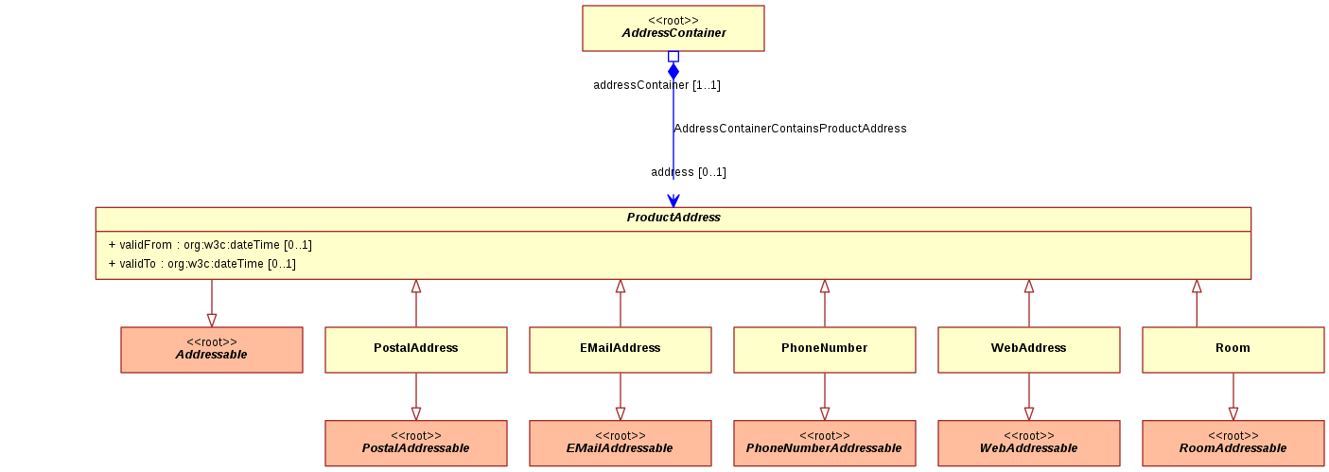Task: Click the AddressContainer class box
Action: [673, 28]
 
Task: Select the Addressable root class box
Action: [212, 350]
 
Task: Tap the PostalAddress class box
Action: [416, 350]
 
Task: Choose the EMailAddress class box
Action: [621, 350]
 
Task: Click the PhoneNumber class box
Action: [825, 350]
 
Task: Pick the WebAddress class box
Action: [1029, 350]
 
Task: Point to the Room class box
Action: [1233, 350]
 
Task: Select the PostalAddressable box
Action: [416, 444]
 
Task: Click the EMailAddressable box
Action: [621, 444]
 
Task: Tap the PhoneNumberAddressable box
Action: [825, 444]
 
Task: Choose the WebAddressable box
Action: [1029, 444]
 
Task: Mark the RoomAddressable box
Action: [1233, 444]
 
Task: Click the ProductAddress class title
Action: [673, 218]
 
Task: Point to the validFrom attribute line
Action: [210, 245]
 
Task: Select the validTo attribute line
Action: [201, 264]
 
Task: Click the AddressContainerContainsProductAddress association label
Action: [790, 129]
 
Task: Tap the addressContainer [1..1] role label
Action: [656, 85]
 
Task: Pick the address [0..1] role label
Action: [689, 172]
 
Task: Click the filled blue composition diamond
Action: [673, 71]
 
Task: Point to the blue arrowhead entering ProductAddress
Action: [673, 201]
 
